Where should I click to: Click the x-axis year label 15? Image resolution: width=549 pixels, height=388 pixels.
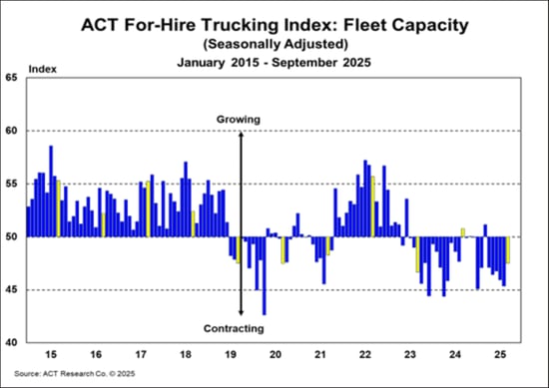pos(49,354)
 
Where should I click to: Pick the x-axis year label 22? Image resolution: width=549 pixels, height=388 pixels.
pos(365,354)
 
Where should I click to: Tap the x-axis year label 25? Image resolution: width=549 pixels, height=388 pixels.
pos(501,354)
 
